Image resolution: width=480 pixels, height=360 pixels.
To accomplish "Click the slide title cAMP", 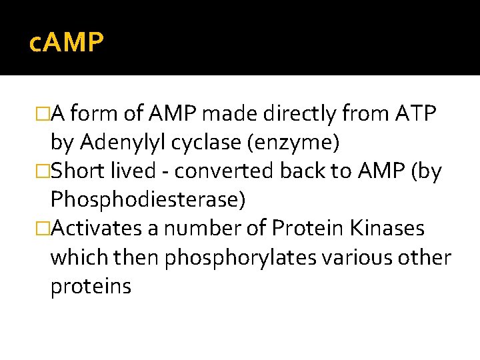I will coord(67,43).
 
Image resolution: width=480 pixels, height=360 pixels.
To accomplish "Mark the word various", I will coord(353,258).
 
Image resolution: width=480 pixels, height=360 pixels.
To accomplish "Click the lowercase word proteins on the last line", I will coord(91,287).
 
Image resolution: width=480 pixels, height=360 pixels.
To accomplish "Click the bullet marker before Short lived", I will coord(45,172).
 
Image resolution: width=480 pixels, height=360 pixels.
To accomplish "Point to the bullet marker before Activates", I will coord(45,229).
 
